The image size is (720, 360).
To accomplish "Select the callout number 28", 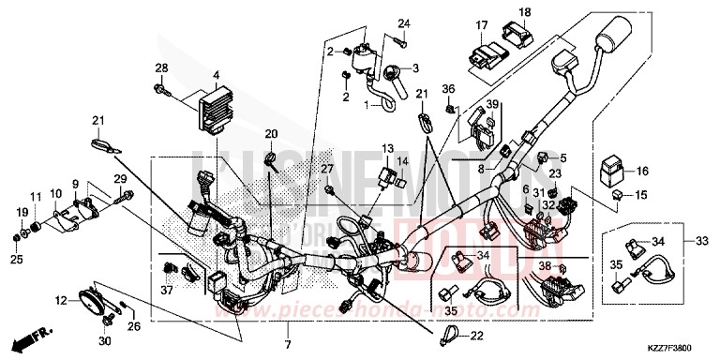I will pyautogui.click(x=160, y=68).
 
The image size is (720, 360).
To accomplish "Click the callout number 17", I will pyautogui.click(x=481, y=25).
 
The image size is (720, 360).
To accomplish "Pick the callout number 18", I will pyautogui.click(x=524, y=12).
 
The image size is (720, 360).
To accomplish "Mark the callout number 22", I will pyautogui.click(x=477, y=337).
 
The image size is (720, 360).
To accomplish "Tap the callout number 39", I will pyautogui.click(x=492, y=104).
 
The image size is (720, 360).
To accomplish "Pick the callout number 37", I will pyautogui.click(x=164, y=290).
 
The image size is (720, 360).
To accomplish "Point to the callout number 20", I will pyautogui.click(x=271, y=134).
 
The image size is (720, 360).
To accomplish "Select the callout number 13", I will pyautogui.click(x=387, y=148).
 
